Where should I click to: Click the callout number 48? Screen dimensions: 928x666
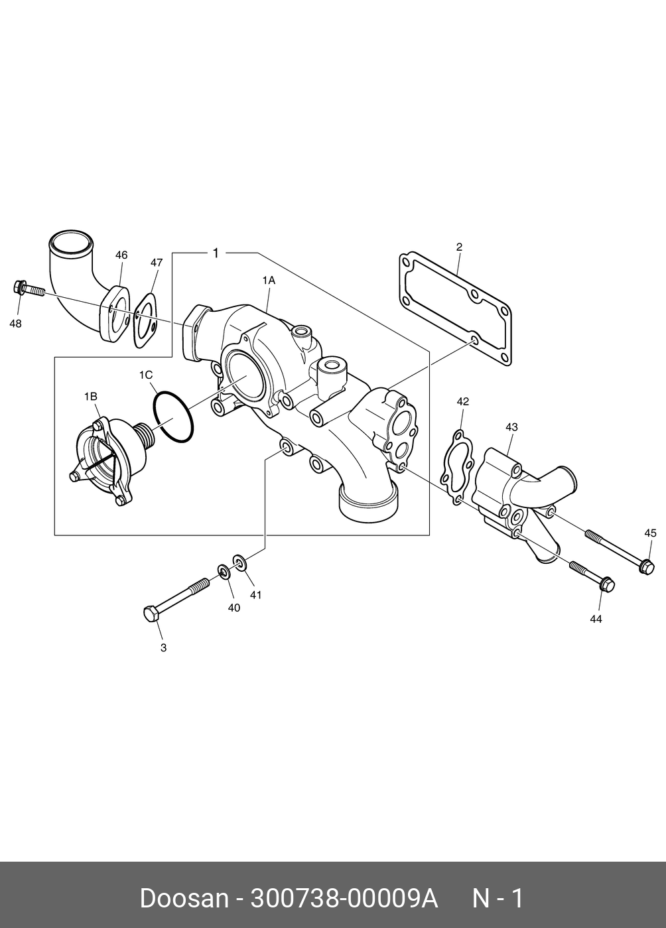point(15,324)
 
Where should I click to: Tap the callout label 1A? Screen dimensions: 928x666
point(268,281)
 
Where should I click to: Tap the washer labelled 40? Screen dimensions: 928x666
point(224,570)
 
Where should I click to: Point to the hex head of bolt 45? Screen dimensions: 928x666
point(647,566)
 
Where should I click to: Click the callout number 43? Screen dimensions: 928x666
point(511,428)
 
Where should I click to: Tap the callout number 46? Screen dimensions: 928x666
point(121,255)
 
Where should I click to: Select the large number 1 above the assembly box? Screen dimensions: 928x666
point(215,253)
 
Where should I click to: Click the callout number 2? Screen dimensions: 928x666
point(459,247)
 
